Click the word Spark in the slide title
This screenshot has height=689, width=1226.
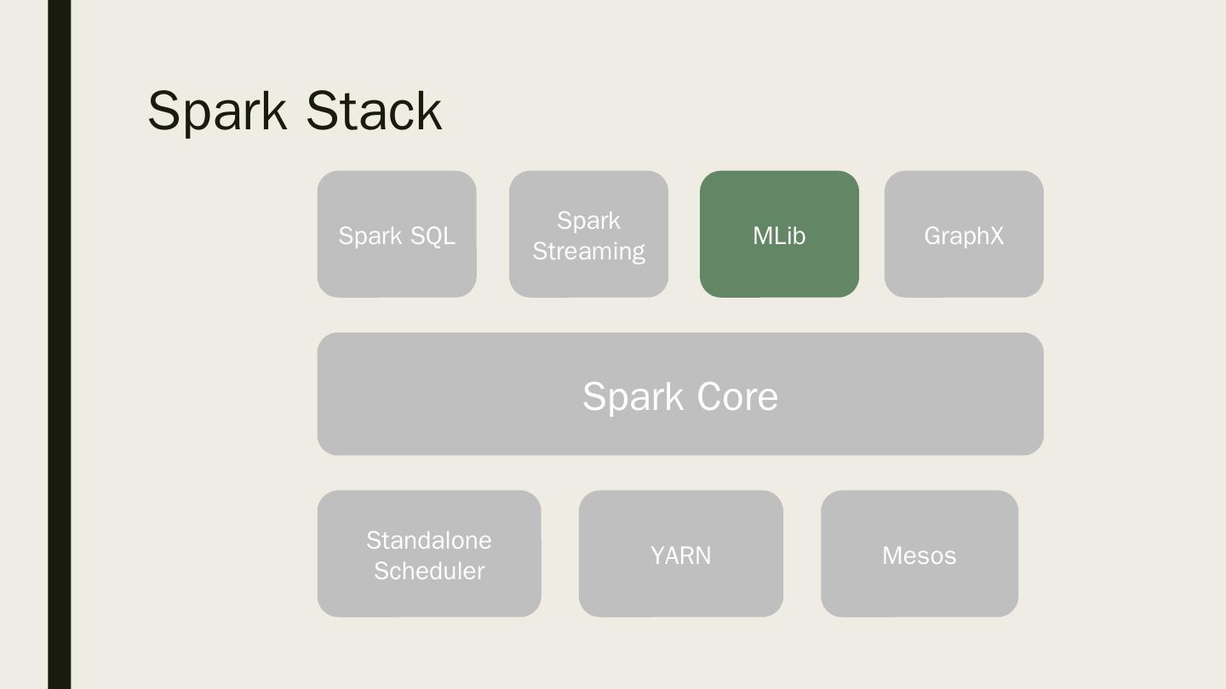(217, 112)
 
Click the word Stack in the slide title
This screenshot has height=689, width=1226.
(374, 111)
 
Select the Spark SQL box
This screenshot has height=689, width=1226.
(397, 234)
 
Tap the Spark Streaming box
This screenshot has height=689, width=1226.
(588, 234)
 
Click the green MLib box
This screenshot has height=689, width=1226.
(779, 234)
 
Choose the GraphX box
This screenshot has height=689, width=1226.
(964, 234)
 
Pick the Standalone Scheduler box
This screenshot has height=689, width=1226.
(429, 554)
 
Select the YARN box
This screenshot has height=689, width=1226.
(681, 554)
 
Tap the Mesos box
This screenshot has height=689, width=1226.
(919, 554)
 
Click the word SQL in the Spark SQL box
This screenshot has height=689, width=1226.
(433, 236)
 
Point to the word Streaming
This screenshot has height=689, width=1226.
(589, 252)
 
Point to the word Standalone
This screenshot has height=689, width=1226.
(429, 540)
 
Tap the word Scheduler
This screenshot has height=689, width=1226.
(429, 571)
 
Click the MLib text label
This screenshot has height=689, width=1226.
(779, 236)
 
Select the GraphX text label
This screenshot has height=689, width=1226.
(964, 236)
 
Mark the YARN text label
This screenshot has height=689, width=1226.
(681, 555)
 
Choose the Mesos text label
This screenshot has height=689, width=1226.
(919, 555)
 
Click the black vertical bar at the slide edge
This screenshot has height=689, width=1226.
(60, 344)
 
